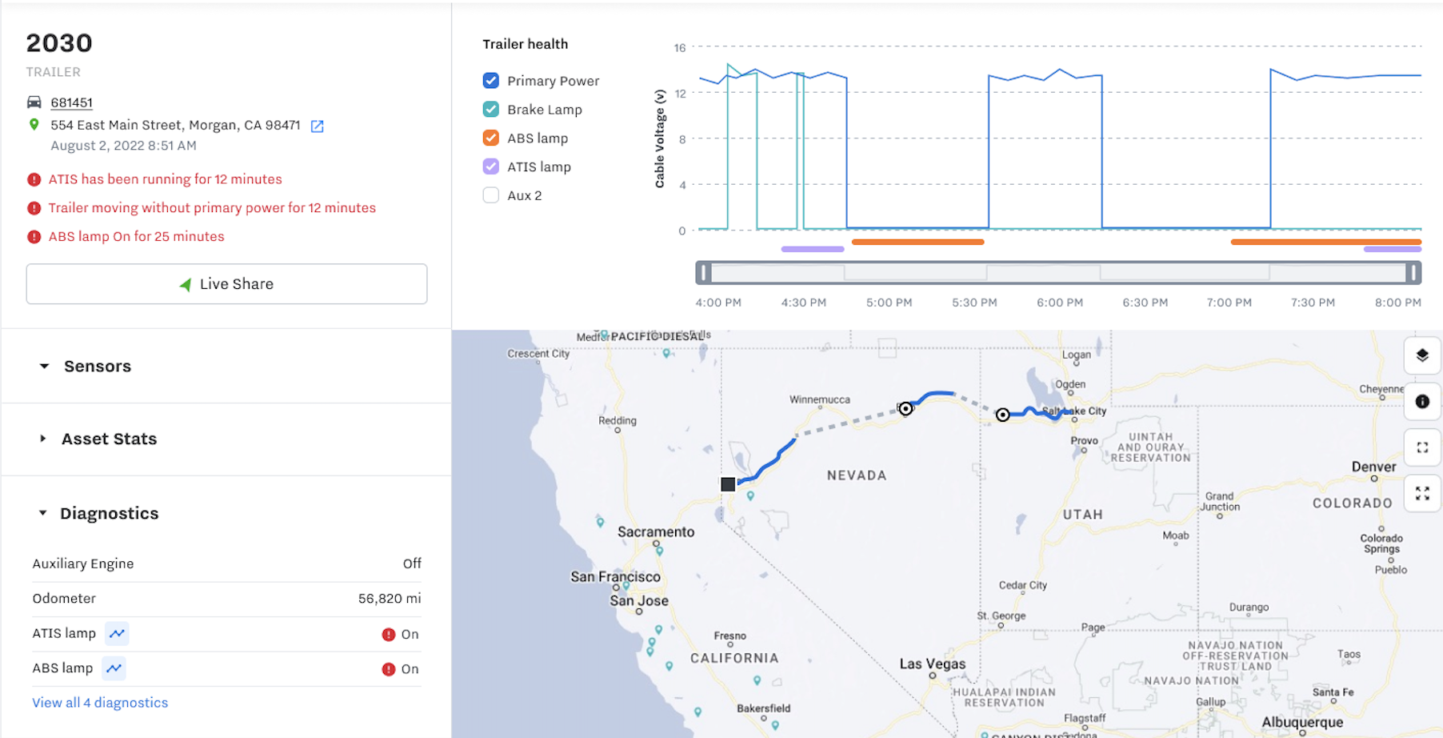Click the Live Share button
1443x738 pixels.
click(226, 284)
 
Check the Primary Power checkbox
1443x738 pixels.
click(491, 81)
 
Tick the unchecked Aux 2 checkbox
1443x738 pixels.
click(491, 195)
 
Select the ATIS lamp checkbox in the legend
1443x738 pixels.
click(491, 166)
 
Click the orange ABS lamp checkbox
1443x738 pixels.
click(491, 138)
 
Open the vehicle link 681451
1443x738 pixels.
click(71, 102)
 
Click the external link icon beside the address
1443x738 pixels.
click(318, 126)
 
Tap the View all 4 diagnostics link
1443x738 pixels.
click(100, 703)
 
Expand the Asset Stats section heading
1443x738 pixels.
click(109, 439)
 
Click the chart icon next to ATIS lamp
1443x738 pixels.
click(117, 634)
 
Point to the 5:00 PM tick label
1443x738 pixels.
click(889, 303)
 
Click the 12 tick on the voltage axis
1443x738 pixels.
click(680, 94)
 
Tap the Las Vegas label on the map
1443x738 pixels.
click(932, 664)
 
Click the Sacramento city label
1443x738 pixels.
click(656, 531)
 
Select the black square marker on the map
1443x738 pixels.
click(728, 484)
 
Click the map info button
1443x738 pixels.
click(1422, 402)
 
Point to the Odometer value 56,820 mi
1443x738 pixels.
click(390, 599)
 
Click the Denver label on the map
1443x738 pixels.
click(1373, 467)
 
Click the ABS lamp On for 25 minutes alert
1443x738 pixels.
click(136, 237)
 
